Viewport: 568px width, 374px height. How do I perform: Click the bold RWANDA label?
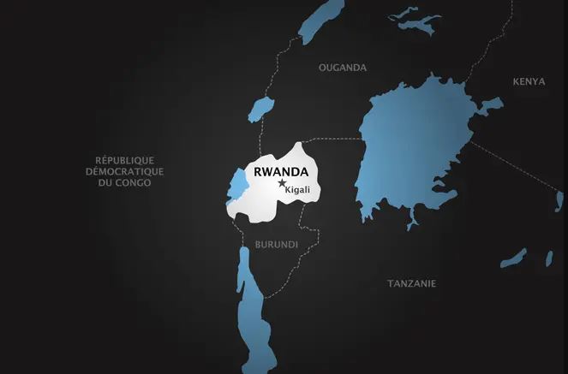281,170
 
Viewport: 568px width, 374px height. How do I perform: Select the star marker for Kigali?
282,183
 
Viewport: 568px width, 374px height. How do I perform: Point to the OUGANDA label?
342,67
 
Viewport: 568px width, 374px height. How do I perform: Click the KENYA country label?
529,81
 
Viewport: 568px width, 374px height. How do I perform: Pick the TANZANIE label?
411,283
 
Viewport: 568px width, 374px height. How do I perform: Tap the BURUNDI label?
276,244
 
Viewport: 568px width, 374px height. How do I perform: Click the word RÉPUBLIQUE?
125,159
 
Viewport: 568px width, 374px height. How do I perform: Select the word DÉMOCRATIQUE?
126,171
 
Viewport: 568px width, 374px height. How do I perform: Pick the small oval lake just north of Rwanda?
260,110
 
